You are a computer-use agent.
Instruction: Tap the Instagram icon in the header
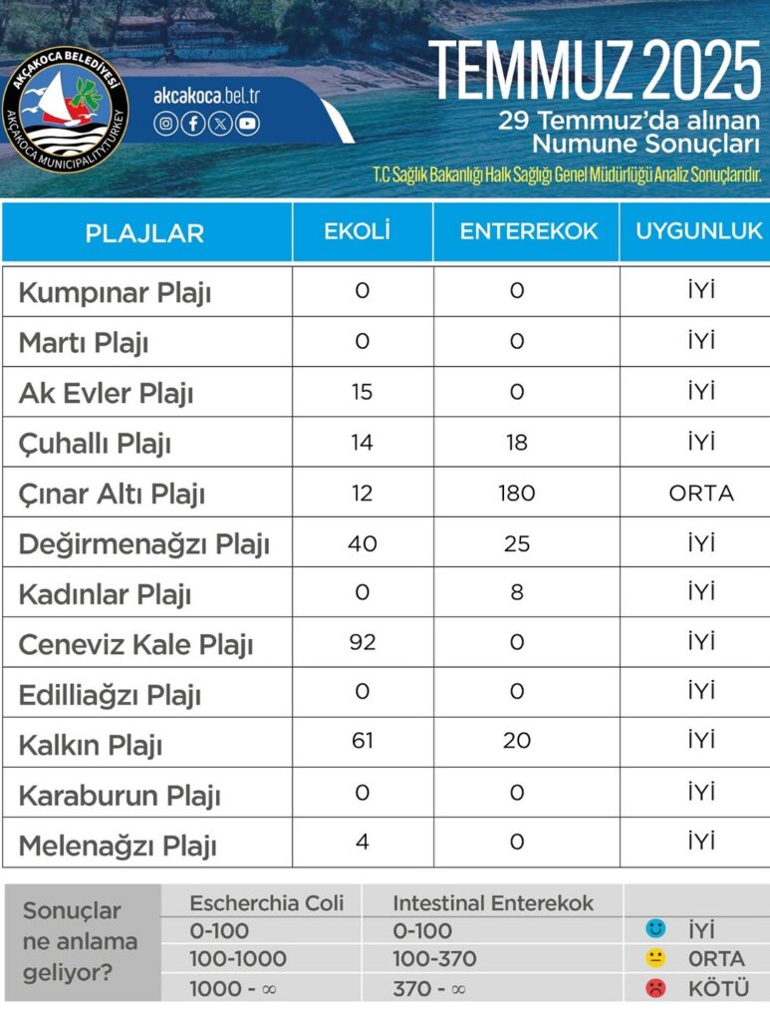point(166,124)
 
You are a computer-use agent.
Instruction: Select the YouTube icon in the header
point(247,124)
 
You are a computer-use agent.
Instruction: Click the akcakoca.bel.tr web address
point(206,96)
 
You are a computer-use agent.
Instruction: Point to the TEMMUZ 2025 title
point(595,71)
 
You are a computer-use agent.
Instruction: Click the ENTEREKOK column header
point(528,231)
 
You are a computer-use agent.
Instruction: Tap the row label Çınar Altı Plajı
point(112,495)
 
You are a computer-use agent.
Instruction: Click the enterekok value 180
point(516,493)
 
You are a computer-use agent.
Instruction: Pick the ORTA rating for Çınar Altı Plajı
point(701,493)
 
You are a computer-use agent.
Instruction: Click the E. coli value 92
point(362,642)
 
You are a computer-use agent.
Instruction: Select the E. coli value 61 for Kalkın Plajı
point(362,743)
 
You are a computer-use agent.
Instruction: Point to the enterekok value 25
point(516,542)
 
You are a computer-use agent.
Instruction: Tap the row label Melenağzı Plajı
point(118,848)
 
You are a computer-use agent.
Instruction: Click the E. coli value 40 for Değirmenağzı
point(362,542)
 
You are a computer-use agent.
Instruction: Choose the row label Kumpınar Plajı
point(115,293)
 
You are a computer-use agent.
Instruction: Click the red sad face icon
point(654,988)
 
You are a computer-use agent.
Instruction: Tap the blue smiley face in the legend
point(654,930)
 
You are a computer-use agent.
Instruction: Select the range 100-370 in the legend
point(434,959)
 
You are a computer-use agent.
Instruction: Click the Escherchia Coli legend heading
point(266,903)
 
